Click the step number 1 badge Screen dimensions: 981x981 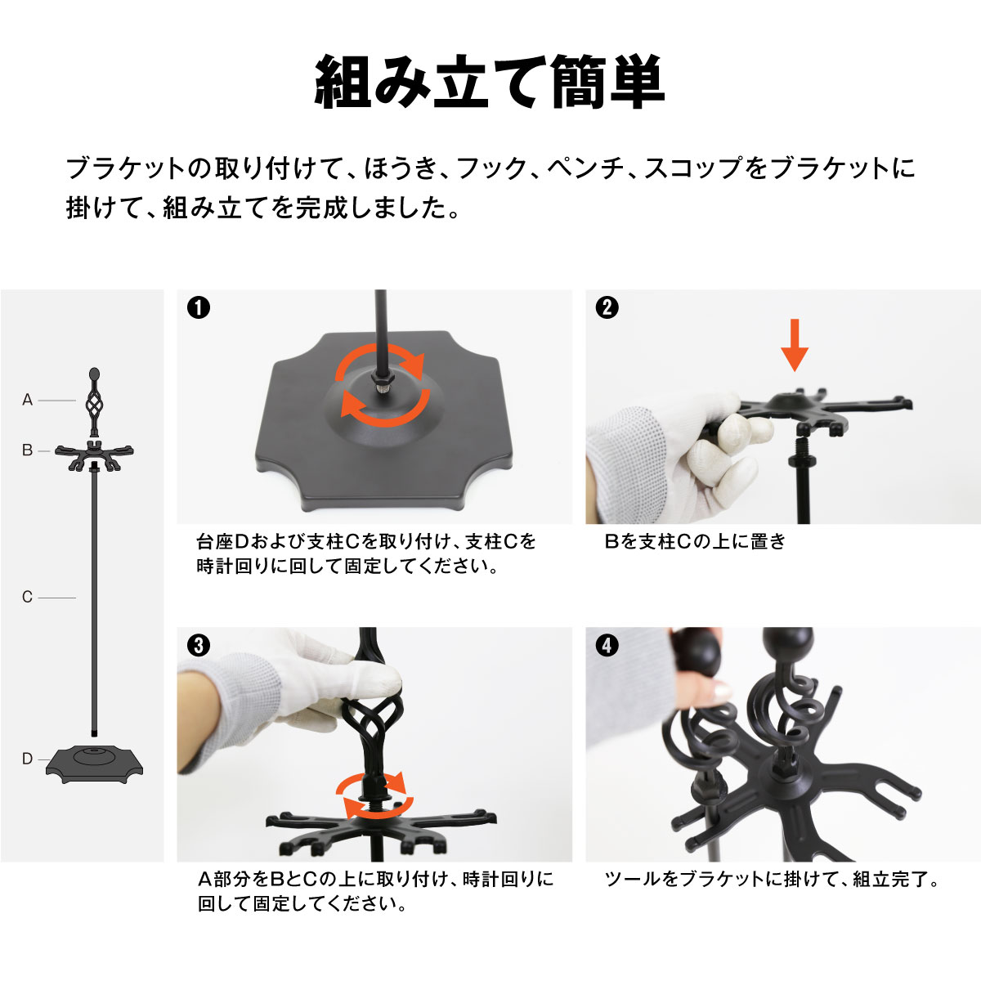(x=198, y=308)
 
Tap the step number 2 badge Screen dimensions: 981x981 (x=607, y=308)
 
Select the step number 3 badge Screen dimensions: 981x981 (x=198, y=646)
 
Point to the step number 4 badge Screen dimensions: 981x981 (x=607, y=646)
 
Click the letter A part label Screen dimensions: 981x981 (x=28, y=400)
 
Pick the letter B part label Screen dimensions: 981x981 (x=28, y=450)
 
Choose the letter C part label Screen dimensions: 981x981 (x=28, y=598)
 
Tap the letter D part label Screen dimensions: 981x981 (x=28, y=759)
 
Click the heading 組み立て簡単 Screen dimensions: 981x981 (x=490, y=83)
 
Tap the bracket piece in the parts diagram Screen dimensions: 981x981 (x=95, y=453)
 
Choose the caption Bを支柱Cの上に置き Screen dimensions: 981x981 (x=695, y=542)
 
